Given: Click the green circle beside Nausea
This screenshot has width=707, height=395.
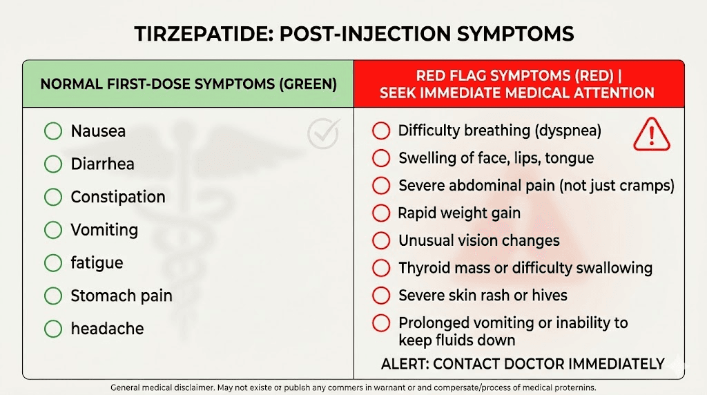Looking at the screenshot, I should pyautogui.click(x=53, y=131).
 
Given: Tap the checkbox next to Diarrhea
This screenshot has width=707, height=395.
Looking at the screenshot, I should pyautogui.click(x=53, y=164).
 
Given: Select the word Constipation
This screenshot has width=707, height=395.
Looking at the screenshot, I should pyautogui.click(x=118, y=197).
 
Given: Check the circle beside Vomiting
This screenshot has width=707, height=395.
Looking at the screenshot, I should pyautogui.click(x=53, y=230).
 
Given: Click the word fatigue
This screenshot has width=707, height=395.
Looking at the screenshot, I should pyautogui.click(x=97, y=263).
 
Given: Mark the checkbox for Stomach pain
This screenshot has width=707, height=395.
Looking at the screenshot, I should pyautogui.click(x=53, y=296).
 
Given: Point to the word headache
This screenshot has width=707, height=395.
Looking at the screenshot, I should pyautogui.click(x=107, y=329).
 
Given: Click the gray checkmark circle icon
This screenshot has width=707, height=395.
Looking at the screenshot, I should pyautogui.click(x=323, y=133).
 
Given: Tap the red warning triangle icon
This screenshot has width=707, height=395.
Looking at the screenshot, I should pyautogui.click(x=651, y=134).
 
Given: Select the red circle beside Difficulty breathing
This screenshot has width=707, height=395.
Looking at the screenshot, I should pyautogui.click(x=381, y=131).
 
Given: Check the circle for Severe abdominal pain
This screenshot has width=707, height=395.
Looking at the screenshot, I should pyautogui.click(x=381, y=186).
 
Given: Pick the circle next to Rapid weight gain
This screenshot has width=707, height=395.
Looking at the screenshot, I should pyautogui.click(x=381, y=213).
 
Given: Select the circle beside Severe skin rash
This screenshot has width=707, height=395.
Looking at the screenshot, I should pyautogui.click(x=381, y=296).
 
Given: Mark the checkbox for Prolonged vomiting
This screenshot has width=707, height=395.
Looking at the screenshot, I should pyautogui.click(x=381, y=322).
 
